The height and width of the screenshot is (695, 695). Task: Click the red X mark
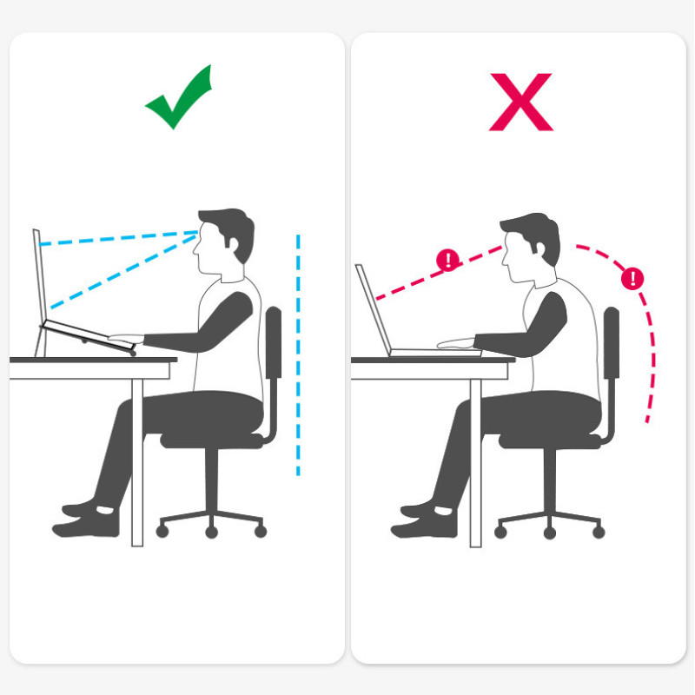520,102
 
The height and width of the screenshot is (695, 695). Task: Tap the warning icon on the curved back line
633,278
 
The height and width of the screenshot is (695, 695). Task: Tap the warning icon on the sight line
447,259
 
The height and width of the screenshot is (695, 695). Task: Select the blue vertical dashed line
298,356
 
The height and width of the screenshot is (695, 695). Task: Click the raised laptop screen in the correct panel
38,278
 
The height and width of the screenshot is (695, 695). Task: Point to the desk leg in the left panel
136,460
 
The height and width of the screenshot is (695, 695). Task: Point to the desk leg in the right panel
475,460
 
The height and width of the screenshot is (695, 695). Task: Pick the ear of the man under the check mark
236,247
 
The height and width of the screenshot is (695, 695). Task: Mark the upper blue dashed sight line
117,238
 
